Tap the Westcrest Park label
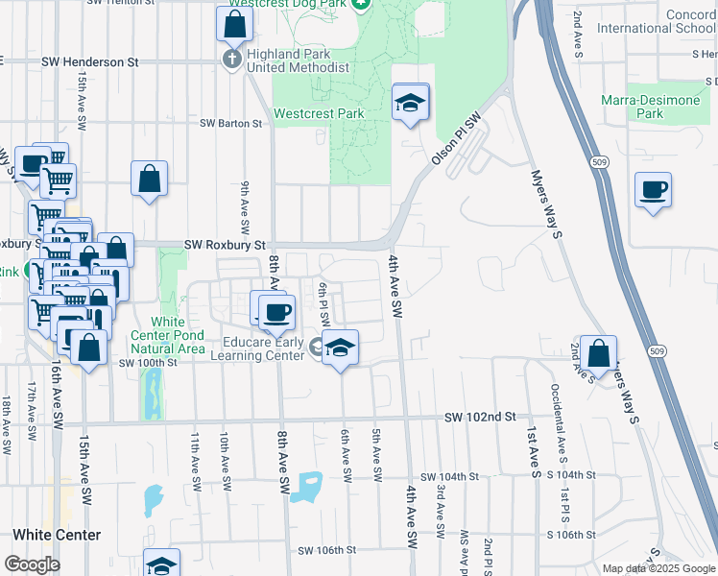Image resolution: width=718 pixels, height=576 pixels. (x=319, y=113)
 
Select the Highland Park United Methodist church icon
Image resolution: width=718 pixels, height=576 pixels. (x=231, y=60)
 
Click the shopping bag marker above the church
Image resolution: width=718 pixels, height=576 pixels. (x=234, y=24)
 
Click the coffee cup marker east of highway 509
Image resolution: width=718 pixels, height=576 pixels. (x=653, y=188)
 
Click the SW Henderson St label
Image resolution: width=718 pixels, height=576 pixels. (x=90, y=61)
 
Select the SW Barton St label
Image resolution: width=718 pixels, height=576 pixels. (x=230, y=123)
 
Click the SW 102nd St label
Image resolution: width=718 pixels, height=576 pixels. (x=481, y=417)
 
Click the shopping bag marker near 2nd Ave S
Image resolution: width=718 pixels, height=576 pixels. (x=598, y=353)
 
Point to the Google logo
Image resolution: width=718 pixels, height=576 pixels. (x=32, y=565)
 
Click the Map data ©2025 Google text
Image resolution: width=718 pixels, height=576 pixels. (x=658, y=569)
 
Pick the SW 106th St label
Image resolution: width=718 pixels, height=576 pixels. (x=327, y=550)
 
